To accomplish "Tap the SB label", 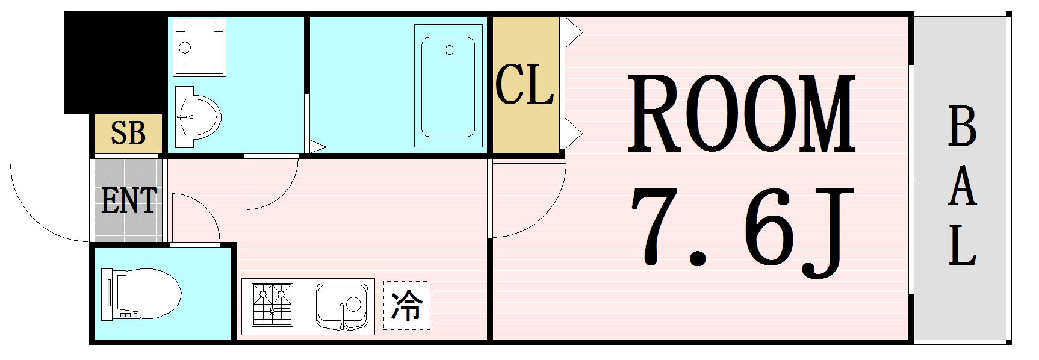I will pyautogui.click(x=128, y=133).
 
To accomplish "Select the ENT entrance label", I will pyautogui.click(x=129, y=201).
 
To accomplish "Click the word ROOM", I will pyautogui.click(x=741, y=114).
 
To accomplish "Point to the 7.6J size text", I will pyautogui.click(x=742, y=229).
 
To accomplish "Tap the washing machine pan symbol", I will pyautogui.click(x=199, y=48).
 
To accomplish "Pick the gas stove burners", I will pyautogui.click(x=272, y=306).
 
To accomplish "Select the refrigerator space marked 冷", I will pyautogui.click(x=407, y=305).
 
